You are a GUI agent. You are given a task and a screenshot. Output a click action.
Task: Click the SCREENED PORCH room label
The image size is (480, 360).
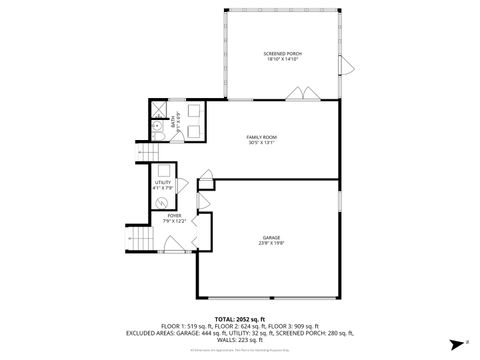tap(282, 53)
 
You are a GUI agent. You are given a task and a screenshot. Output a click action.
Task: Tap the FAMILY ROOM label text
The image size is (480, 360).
tap(262, 136)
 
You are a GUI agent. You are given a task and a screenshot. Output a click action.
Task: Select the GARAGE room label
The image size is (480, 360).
tap(271, 237)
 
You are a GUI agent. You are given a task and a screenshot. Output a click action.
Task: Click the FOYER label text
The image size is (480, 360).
tap(175, 215)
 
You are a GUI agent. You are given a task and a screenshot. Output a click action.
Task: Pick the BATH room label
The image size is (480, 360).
tap(172, 120)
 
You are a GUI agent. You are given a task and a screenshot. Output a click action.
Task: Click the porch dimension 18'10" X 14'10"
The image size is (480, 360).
tap(282, 59)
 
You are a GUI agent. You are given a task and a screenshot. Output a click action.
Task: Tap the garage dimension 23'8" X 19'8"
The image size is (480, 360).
tap(271, 243)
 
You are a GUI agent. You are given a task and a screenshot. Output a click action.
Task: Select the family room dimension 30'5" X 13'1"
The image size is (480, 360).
tap(262, 142)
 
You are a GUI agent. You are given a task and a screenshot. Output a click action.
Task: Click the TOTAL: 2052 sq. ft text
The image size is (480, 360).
tap(240, 318)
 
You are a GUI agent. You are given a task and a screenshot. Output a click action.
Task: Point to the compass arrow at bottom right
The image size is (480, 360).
tap(453, 340)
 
